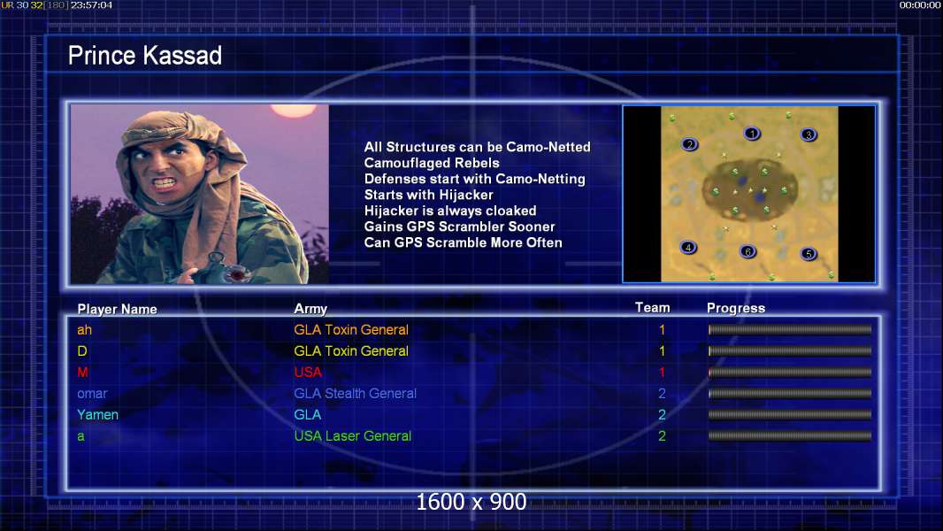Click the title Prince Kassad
point(145,56)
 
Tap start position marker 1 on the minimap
point(752,133)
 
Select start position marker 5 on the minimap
point(809,253)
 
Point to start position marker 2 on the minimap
point(690,143)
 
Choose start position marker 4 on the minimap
point(688,247)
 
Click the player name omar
point(92,393)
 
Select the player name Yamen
point(97,414)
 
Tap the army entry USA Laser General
point(352,436)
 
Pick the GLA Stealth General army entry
point(355,393)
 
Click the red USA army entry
point(308,373)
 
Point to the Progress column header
point(736,308)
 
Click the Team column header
point(653,307)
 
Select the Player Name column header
point(118,309)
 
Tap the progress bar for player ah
point(790,329)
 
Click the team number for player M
point(663,373)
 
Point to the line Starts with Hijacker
point(428,195)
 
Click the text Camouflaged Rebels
point(431,163)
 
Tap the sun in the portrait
point(293,110)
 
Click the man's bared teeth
point(164,181)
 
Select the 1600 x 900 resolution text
point(471,502)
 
